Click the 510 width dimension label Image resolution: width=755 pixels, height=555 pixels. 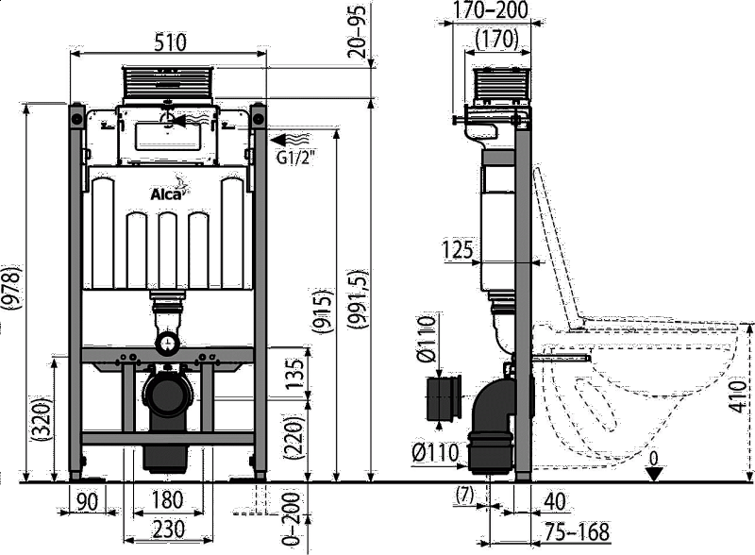tap(170, 42)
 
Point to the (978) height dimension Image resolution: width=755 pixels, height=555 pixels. tap(10, 288)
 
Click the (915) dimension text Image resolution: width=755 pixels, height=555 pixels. tap(323, 311)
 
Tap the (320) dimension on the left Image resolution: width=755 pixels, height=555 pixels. tap(41, 419)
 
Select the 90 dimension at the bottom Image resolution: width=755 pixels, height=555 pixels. tap(87, 501)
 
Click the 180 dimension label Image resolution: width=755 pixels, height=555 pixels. tap(167, 500)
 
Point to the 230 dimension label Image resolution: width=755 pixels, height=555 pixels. tap(169, 530)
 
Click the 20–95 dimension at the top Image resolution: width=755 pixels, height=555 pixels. tap(359, 31)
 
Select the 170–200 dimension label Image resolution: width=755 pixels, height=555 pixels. tap(491, 9)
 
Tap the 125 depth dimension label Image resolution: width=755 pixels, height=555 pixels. tap(459, 249)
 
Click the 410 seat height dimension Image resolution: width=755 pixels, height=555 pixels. tap(737, 396)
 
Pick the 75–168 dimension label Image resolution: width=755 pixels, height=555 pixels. tap(577, 532)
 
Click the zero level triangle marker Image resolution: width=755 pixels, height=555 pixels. tap(654, 474)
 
